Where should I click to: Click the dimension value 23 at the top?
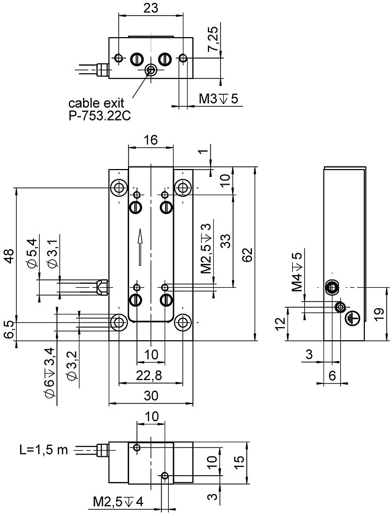point(151,7)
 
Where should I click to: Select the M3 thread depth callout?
point(218,98)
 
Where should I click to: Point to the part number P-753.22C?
point(99,115)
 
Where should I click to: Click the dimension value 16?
point(151,140)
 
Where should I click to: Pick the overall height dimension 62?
point(249,254)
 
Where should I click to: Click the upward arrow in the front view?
point(140,246)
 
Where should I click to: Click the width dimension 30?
point(151,396)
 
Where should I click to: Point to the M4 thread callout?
point(297,273)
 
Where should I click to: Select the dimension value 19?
point(380,313)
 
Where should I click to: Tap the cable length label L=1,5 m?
point(43,450)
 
